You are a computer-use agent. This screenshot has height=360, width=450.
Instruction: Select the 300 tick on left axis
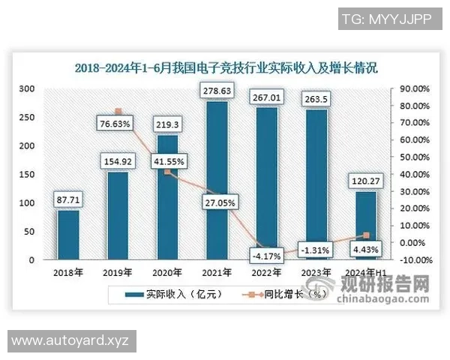(26, 88)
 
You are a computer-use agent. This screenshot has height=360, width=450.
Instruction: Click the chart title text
(226, 67)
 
